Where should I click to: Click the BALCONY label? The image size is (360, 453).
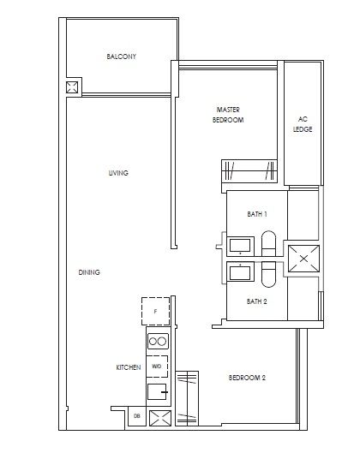coord(122,57)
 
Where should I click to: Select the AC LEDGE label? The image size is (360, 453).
coord(303,124)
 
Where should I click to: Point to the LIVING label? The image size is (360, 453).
coord(118,173)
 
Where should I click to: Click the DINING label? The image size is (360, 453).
coord(89,272)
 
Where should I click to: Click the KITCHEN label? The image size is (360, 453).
coord(128,367)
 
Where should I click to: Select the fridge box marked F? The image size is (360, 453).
coord(155,312)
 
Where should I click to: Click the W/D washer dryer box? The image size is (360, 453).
coord(156,366)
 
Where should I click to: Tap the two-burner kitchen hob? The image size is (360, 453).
coord(157,342)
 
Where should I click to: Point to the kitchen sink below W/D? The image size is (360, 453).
coord(156,393)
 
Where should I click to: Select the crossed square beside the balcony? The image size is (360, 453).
coord(72,88)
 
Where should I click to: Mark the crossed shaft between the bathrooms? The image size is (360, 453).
coord(303,257)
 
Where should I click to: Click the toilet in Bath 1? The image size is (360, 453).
coord(267,244)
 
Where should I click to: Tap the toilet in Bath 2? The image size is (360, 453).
coord(267,274)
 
